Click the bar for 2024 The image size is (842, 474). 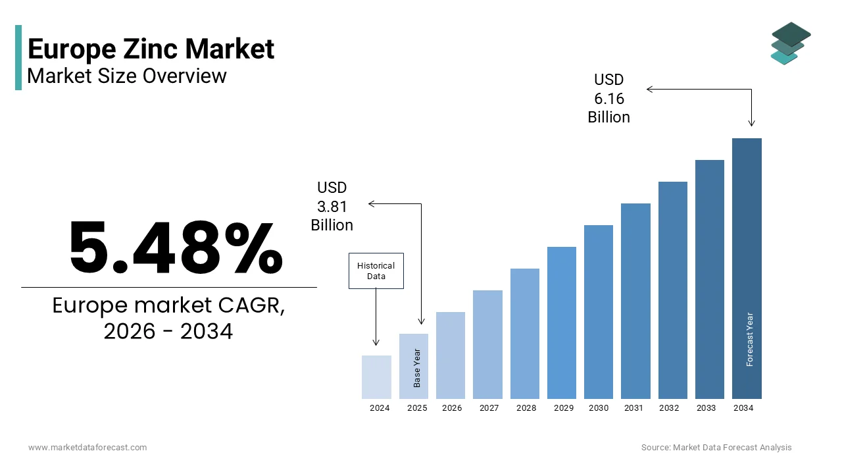point(376,377)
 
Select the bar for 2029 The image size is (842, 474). point(561,323)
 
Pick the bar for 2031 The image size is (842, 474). point(635,301)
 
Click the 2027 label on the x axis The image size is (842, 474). point(489,408)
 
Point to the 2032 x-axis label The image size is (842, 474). point(669,408)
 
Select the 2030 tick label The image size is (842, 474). point(599,408)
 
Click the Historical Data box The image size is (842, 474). point(376,271)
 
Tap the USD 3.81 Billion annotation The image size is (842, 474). point(332,207)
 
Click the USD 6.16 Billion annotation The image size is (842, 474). point(608,98)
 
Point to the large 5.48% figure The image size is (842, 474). point(176,249)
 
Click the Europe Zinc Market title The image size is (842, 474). point(151,49)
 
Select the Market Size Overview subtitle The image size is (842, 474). point(127,76)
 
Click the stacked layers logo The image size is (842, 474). point(790,43)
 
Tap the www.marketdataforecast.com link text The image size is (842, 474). point(87,448)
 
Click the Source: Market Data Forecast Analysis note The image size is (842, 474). point(716,448)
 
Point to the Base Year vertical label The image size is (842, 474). point(417,368)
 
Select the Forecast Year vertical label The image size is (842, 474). point(750,339)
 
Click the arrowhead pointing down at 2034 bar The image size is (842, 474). point(751,123)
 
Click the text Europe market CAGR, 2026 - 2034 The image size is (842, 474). point(168,319)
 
